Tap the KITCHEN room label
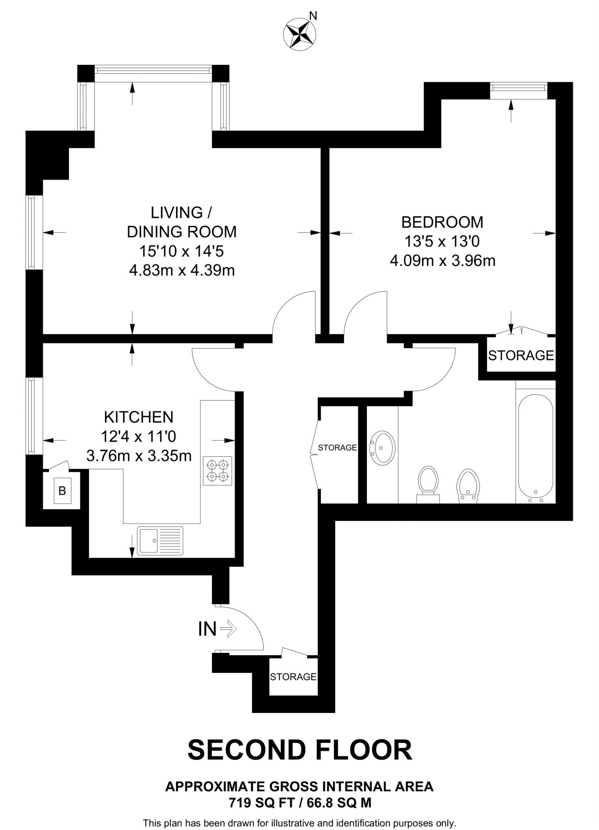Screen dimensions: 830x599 pos(139,417)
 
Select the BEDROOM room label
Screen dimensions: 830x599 pos(442,222)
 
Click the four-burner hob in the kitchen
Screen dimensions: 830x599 pos(218,471)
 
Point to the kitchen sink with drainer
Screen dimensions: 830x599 pos(160,540)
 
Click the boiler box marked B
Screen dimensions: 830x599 pos(62,491)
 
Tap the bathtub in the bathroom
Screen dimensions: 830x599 pos(535,445)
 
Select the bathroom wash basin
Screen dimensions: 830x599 pos(382,448)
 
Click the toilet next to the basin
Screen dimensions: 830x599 pos(428,483)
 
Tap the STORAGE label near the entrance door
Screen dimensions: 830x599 pos(293,676)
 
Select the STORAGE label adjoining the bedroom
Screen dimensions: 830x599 pos(521,355)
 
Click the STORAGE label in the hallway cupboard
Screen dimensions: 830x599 pos(337,447)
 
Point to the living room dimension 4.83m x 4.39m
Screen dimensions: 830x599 pos(182,270)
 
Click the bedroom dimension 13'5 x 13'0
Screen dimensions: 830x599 pos(442,242)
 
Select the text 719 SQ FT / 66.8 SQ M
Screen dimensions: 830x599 pos(300,802)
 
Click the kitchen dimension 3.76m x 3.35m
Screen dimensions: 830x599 pos(139,456)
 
